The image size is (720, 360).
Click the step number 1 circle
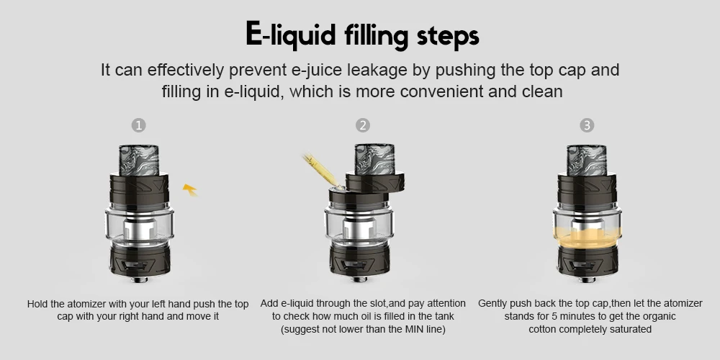(139, 125)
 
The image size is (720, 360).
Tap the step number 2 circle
(363, 125)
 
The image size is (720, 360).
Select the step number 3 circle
(587, 125)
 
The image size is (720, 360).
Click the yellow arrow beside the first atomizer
(189, 189)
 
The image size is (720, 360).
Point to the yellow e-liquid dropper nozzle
(321, 171)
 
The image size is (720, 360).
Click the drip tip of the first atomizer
(139, 161)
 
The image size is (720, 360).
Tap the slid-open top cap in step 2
(374, 182)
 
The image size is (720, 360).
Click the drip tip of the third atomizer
(587, 161)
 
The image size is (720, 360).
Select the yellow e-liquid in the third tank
(588, 237)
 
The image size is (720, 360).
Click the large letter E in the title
(254, 34)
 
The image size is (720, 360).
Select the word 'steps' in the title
(448, 37)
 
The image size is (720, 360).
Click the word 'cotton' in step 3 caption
(542, 329)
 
